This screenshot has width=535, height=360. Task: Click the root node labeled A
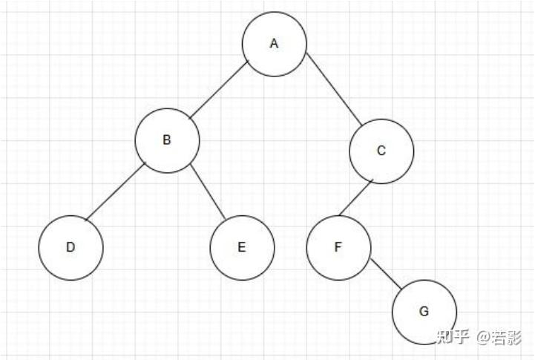click(274, 44)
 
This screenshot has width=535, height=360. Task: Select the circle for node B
click(167, 140)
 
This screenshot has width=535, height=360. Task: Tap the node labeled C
click(381, 151)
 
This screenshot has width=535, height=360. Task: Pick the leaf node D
click(70, 248)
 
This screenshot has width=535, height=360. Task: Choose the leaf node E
click(242, 248)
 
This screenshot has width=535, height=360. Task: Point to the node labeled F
click(338, 248)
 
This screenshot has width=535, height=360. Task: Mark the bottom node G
click(424, 312)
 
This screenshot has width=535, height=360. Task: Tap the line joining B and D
click(115, 194)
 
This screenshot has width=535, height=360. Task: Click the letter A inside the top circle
click(274, 44)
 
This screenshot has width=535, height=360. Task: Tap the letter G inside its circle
click(424, 312)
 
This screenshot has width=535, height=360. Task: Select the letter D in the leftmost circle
click(70, 248)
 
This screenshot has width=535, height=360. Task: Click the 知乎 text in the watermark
click(453, 338)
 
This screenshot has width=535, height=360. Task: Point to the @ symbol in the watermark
click(484, 338)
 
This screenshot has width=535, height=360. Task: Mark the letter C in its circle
click(381, 151)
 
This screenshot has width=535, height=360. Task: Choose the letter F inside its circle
click(338, 248)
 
